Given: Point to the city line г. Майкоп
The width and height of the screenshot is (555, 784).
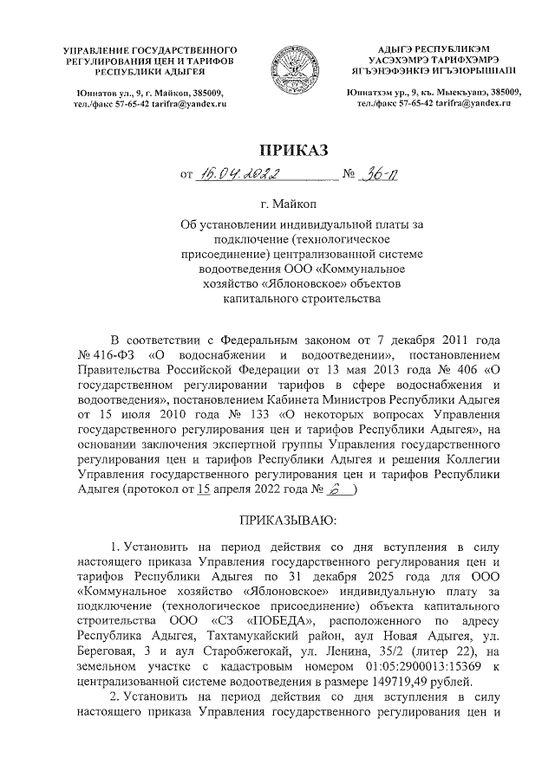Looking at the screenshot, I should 277,205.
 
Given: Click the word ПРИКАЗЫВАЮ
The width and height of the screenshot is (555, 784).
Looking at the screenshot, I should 277,520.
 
